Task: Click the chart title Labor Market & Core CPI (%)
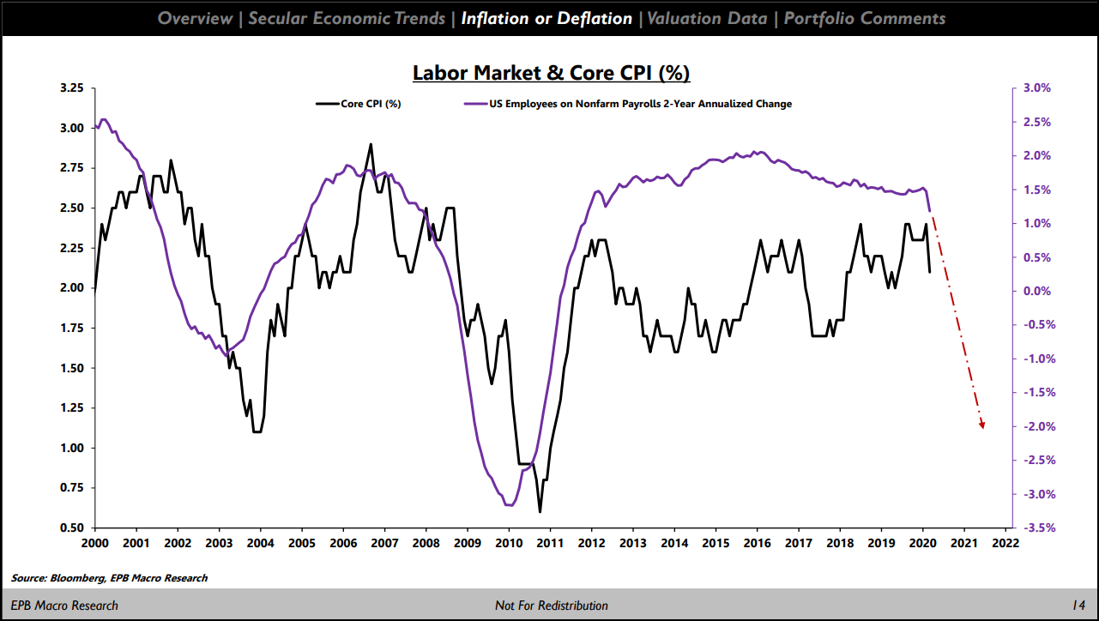click(551, 73)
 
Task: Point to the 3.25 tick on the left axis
click(72, 88)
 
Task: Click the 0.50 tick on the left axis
click(72, 528)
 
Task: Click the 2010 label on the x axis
click(509, 544)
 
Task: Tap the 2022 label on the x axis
click(1004, 544)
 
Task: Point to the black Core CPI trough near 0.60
click(540, 511)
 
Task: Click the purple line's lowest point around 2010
click(510, 505)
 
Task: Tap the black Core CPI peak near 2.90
click(371, 144)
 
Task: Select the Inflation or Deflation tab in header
click(546, 18)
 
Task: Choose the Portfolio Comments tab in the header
click(865, 18)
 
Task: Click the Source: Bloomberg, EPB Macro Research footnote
click(110, 578)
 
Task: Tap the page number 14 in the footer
click(1078, 606)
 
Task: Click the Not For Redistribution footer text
click(551, 606)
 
